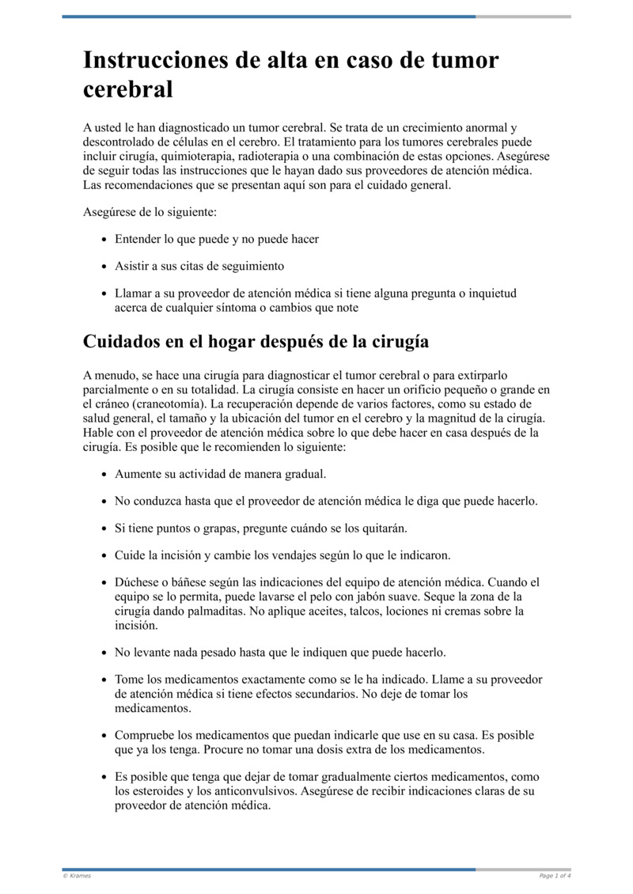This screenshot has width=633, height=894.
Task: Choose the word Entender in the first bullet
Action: click(138, 238)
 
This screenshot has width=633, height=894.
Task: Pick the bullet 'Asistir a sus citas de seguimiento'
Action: click(199, 266)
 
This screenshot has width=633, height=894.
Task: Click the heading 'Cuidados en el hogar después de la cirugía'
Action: click(256, 342)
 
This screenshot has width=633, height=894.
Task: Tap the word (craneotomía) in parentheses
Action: click(181, 404)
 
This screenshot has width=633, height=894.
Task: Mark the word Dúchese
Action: click(138, 582)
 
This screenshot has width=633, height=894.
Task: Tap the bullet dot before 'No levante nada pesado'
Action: click(105, 653)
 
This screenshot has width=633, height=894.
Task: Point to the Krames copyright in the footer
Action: click(77, 876)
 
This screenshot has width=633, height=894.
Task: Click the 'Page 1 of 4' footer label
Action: click(555, 876)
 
